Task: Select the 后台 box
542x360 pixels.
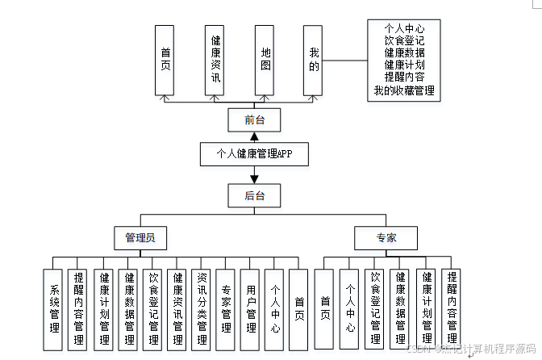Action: coord(255,195)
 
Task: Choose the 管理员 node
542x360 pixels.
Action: coord(140,238)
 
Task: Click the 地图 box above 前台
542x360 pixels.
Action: coord(265,61)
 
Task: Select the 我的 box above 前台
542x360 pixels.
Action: coord(314,61)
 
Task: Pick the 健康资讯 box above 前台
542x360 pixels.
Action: coord(216,61)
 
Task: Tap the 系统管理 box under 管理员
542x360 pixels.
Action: coord(53,309)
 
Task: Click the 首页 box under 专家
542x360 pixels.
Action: coord(325,309)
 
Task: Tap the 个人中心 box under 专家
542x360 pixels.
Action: coord(349,309)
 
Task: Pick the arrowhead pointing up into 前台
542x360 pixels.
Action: coord(255,105)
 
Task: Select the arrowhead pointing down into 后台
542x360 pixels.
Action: coord(255,179)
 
